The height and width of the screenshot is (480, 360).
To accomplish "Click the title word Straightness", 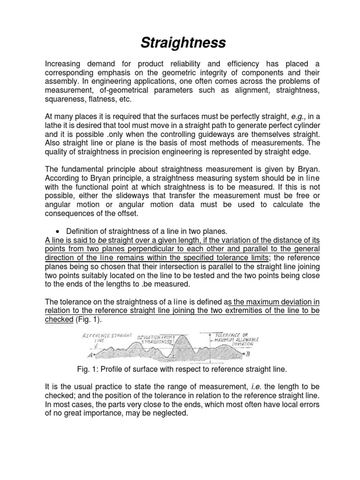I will pos(183,43).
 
